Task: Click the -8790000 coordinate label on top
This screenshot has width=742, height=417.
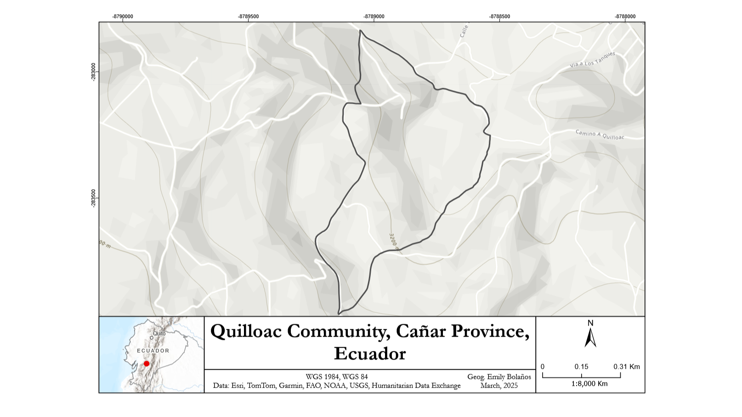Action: tap(123, 17)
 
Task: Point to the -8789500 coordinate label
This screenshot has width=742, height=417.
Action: tap(248, 17)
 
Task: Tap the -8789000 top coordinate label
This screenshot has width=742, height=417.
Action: tap(374, 17)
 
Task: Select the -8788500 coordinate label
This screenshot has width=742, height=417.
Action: tap(499, 17)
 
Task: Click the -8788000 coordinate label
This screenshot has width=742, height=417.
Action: tap(625, 17)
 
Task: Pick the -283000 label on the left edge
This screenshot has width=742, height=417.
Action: tap(94, 72)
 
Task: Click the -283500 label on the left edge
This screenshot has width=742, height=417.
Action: tap(94, 198)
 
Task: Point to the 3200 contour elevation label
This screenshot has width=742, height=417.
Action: tap(393, 242)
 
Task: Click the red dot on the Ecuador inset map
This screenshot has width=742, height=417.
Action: tap(147, 364)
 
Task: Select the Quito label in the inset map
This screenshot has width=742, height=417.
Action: tap(159, 333)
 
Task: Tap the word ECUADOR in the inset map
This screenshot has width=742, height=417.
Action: tap(153, 351)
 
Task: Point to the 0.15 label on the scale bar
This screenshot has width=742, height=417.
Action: tap(581, 367)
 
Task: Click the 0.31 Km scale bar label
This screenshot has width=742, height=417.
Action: tap(626, 367)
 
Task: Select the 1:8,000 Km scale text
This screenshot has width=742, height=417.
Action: tap(589, 384)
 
